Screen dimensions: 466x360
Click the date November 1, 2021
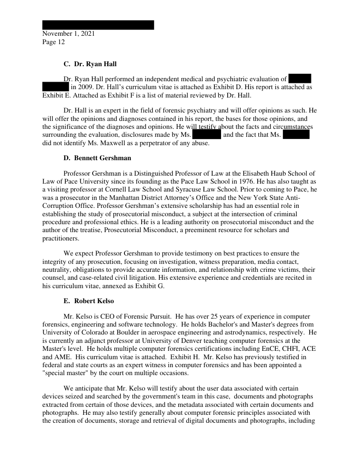pos(68,34)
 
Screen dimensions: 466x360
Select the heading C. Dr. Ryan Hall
pos(90,64)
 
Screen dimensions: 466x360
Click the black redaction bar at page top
pos(98,25)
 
